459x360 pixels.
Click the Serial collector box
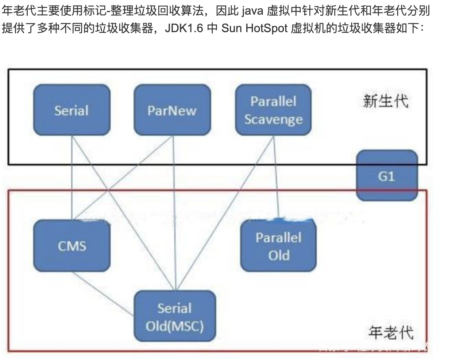pos(72,110)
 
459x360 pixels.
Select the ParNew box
pos(172,110)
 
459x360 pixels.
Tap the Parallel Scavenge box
pos(273,110)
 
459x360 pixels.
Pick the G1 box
pos(386,176)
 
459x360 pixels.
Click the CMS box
pos(72,246)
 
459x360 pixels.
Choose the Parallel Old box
pos(278,246)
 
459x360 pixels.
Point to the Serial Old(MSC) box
pos(175,317)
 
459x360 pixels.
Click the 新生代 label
pos(386,100)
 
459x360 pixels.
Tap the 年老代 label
pos(391,332)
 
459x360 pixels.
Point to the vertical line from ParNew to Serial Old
pos(175,212)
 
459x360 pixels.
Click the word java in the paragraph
pos(252,11)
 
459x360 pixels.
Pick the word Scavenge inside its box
pos(273,119)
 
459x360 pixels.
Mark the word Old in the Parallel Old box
pos(279,255)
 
